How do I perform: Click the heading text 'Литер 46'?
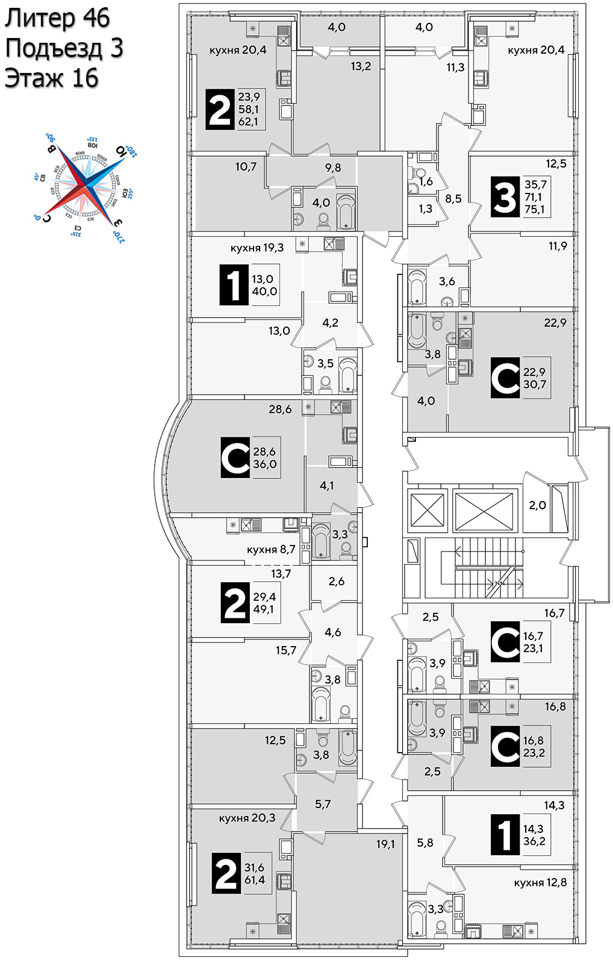point(57,19)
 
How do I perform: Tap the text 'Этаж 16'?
point(51,78)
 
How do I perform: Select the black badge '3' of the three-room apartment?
point(505,196)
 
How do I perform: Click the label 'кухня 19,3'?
point(257,248)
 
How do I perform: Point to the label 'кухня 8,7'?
point(271,550)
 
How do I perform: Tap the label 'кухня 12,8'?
point(540,882)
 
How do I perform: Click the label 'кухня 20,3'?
point(247,818)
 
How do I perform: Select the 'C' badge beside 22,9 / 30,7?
point(505,378)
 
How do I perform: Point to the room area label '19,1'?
point(385,844)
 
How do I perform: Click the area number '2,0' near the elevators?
point(537,506)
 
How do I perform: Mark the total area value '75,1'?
point(534,209)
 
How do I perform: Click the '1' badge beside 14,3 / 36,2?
point(505,835)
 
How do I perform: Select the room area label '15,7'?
point(286,650)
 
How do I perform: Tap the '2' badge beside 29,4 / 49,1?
point(235,603)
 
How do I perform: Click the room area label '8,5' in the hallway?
point(453,198)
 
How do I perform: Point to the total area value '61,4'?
point(255,880)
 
